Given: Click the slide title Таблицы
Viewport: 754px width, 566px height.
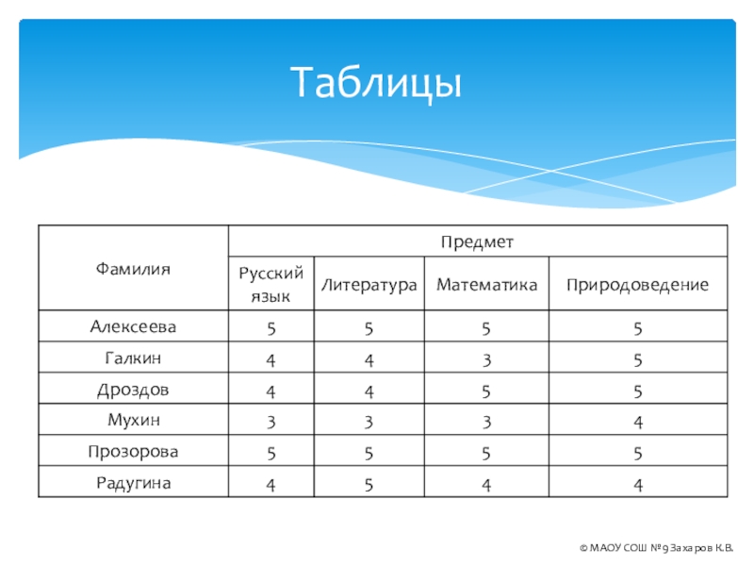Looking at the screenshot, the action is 375,83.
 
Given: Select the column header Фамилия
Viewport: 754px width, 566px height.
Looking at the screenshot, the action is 133,268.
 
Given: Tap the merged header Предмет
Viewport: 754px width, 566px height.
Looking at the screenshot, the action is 477,241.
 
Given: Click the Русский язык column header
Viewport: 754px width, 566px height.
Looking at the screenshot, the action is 270,284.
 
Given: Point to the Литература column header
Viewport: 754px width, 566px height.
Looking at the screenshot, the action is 369,285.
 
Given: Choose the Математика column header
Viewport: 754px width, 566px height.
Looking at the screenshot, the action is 486,285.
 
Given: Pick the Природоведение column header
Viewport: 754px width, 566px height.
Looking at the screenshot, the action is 637,285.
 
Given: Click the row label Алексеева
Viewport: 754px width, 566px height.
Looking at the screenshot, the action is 133,326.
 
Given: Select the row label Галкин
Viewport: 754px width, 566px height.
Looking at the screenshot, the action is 133,358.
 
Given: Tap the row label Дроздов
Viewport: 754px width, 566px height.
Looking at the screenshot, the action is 133,390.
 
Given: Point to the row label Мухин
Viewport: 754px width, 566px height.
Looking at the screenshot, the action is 133,420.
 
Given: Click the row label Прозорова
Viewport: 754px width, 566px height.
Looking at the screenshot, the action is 133,452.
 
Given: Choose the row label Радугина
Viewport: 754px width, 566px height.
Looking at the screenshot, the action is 133,483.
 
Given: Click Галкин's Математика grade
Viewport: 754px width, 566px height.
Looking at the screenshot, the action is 486,360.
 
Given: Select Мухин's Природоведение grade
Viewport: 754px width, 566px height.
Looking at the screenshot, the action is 638,423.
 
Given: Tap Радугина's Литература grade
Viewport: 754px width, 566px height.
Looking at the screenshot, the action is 369,485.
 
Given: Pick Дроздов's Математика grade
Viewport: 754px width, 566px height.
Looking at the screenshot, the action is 486,391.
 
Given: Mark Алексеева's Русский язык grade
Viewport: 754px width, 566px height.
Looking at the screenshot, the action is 271,328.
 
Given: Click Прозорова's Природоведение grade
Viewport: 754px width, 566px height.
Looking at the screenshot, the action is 638,454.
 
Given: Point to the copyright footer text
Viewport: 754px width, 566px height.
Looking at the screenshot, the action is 656,548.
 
